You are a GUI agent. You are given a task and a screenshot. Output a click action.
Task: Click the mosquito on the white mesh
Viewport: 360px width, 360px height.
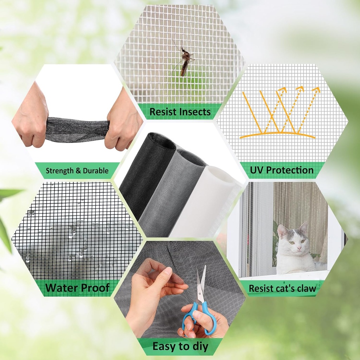[184, 59]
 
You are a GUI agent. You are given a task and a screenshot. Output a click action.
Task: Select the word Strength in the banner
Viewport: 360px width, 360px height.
[60, 171]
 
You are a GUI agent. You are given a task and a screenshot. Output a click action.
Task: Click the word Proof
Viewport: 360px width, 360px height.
[95, 288]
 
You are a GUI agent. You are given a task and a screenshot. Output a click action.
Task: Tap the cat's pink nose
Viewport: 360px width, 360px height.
[299, 248]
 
